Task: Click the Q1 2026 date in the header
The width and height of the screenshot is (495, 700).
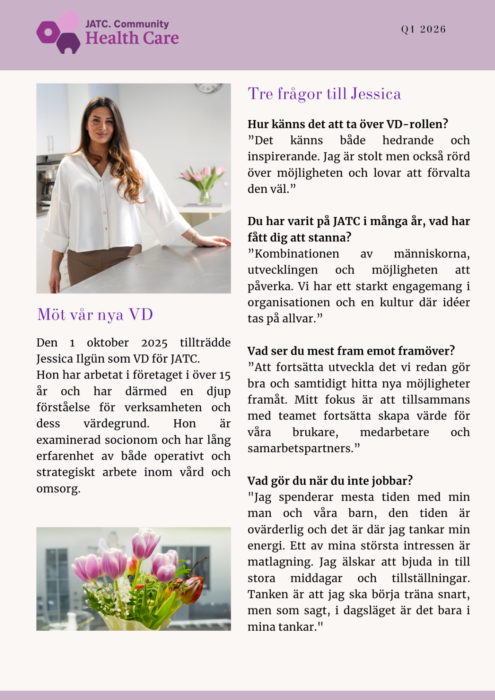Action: point(423,30)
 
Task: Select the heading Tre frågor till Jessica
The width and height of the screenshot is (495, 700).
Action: point(324,94)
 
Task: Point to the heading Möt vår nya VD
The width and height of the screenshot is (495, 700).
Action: point(95,315)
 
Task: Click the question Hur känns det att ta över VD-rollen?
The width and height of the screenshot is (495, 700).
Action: point(348,124)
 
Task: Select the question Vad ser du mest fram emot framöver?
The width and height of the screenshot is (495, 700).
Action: point(351,351)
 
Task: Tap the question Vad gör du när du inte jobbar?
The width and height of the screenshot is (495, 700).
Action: point(330,481)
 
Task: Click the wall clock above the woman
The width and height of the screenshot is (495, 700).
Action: point(208,87)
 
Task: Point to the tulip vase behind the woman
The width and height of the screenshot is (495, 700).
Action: point(204,186)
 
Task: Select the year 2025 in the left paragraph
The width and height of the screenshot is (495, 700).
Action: point(154,343)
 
